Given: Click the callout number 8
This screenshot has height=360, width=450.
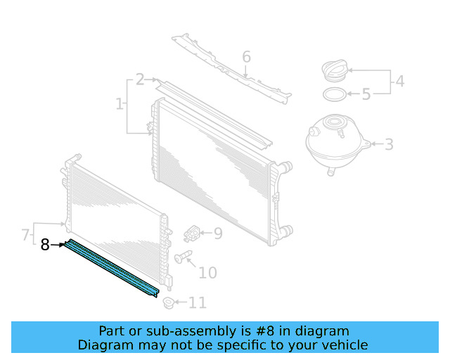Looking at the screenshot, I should [45, 245].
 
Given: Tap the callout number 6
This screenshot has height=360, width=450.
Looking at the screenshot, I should [246, 56].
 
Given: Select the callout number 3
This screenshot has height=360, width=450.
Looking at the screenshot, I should [388, 145].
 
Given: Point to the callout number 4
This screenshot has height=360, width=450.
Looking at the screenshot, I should [399, 81].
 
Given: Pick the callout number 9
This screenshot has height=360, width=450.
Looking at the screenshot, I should [218, 233].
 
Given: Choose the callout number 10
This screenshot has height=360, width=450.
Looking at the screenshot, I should [207, 273].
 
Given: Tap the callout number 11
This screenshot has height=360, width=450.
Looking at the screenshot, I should [198, 303].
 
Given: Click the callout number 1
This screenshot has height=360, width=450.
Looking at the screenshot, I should [119, 105].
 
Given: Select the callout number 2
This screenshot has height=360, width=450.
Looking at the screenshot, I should [140, 79].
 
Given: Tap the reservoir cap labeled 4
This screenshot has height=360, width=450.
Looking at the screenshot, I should [333, 72].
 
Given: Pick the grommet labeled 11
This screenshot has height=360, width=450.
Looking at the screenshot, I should [168, 303].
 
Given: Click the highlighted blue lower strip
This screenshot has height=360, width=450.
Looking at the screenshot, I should [112, 269].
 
